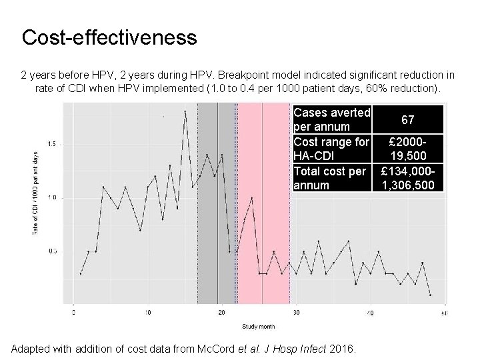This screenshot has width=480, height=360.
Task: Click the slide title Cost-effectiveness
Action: click(x=109, y=37)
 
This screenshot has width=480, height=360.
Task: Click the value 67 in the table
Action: click(x=408, y=120)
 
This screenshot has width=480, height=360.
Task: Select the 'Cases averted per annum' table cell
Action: click(x=331, y=119)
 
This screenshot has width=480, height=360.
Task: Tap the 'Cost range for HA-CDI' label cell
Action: click(x=331, y=148)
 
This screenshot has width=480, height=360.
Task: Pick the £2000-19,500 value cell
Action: click(x=408, y=148)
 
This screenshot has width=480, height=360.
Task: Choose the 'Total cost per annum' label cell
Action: click(x=331, y=177)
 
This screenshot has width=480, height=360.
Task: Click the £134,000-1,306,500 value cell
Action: click(x=408, y=177)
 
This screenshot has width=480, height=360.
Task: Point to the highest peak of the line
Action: click(x=185, y=111)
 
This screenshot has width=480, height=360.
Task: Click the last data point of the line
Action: click(x=430, y=295)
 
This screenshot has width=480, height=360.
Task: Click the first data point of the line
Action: click(x=81, y=273)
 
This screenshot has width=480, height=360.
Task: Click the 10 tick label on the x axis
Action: click(x=148, y=311)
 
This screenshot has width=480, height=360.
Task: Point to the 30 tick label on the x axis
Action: click(x=296, y=311)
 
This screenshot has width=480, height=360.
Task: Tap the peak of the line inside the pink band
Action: click(x=251, y=197)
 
